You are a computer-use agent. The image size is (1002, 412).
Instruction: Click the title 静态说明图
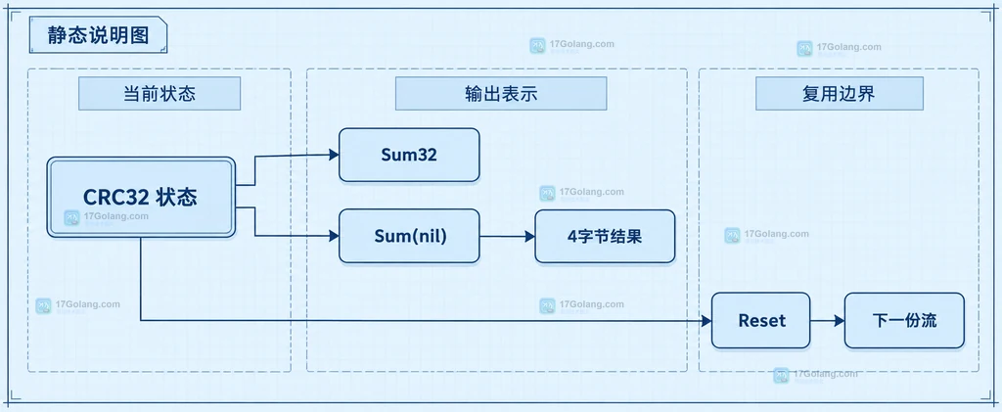point(99,35)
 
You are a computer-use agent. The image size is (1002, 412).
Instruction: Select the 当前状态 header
point(159,94)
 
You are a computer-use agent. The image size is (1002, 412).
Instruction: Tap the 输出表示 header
point(501,94)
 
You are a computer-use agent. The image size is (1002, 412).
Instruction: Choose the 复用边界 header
point(839,94)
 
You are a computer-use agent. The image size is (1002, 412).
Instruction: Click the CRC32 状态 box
point(141,198)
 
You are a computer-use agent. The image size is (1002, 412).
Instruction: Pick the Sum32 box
point(409,155)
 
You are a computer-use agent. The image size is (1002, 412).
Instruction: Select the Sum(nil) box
point(409,236)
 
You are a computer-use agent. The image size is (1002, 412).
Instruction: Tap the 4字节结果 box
point(605,237)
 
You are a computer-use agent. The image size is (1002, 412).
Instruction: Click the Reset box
point(760,321)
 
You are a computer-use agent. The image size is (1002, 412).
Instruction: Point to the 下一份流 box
point(904,321)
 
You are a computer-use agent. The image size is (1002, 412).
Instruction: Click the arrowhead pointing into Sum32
point(334,155)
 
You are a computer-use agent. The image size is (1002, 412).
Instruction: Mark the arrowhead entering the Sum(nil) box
point(334,236)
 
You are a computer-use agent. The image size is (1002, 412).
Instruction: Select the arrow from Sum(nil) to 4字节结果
point(508,237)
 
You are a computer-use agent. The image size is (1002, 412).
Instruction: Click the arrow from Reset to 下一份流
point(828,321)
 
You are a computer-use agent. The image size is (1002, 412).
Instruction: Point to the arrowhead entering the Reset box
point(706,321)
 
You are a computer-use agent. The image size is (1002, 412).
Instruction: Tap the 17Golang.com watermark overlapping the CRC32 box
point(106,217)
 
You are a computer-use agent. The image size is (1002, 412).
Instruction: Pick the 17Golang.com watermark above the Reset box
point(767,235)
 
